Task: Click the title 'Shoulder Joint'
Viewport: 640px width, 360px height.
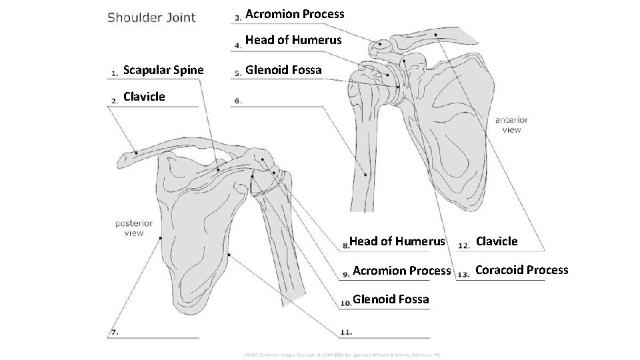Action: pos(152,18)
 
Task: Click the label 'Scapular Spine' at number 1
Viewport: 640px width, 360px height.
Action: pos(164,70)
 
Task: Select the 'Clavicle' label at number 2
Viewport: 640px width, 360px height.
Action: pos(144,97)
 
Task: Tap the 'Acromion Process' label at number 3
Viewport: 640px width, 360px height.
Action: pos(295,14)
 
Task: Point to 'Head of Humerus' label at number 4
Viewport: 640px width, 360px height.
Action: pos(293,40)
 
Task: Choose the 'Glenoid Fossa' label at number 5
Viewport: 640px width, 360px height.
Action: pos(283,70)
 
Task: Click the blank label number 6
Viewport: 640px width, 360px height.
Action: pos(238,101)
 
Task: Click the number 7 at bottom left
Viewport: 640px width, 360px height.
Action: pos(115,331)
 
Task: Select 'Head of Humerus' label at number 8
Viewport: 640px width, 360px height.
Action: pos(397,241)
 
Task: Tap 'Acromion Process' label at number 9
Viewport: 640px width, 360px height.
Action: pos(401,270)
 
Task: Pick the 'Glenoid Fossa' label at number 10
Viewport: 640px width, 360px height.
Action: pos(391,299)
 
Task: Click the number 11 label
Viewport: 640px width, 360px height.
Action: pos(346,331)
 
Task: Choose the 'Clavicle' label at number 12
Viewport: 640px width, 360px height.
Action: pos(497,241)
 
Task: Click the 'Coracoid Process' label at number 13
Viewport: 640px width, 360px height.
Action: pos(521,270)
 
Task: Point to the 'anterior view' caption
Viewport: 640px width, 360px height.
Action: pos(511,125)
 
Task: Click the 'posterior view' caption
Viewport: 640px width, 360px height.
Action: pos(133,228)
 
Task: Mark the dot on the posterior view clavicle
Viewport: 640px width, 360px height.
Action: pos(135,153)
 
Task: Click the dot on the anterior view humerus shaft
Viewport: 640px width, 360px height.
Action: pos(365,174)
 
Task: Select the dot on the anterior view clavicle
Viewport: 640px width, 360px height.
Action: pos(434,34)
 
